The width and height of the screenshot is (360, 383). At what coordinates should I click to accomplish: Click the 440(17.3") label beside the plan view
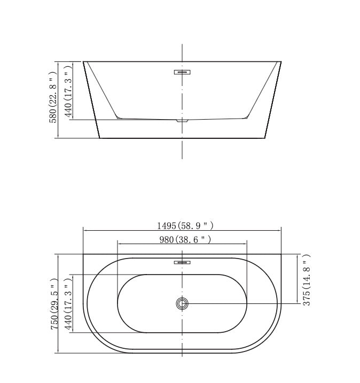(x=68, y=304)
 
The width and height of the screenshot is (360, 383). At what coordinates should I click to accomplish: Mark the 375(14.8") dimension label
(x=306, y=279)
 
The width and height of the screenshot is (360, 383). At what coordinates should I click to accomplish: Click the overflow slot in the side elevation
(x=182, y=71)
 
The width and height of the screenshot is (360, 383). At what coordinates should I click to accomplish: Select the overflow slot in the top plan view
(x=182, y=262)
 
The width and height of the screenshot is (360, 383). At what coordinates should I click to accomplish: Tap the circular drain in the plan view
(x=182, y=304)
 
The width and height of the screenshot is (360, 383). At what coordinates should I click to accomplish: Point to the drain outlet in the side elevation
(x=182, y=121)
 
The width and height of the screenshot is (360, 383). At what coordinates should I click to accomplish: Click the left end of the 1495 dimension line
(x=83, y=231)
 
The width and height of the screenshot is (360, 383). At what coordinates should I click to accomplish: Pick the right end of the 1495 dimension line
(x=281, y=231)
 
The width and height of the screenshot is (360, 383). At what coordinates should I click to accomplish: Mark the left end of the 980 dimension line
(x=118, y=244)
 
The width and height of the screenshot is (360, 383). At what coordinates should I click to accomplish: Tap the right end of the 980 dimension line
(x=247, y=244)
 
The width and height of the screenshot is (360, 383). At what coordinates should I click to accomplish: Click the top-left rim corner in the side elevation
(x=83, y=61)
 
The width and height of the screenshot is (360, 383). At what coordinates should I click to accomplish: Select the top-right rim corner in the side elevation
(x=281, y=61)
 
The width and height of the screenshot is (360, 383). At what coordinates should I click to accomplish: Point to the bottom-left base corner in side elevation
(x=100, y=138)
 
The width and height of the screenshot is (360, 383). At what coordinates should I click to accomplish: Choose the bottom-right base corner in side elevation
(x=265, y=138)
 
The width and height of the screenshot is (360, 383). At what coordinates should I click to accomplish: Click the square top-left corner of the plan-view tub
(x=83, y=255)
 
